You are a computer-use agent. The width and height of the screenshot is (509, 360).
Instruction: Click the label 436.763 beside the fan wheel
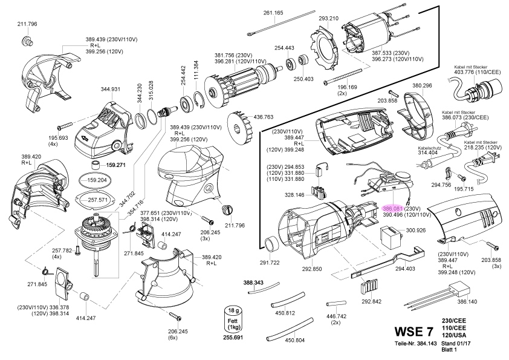263,117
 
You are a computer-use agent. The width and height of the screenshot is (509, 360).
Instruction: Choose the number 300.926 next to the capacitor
416,230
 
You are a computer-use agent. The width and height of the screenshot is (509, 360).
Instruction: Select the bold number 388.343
253,283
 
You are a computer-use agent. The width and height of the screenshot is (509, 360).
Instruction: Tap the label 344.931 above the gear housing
110,90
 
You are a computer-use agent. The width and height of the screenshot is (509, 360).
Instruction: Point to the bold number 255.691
233,337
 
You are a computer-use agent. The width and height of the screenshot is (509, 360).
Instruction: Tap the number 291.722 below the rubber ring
270,263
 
